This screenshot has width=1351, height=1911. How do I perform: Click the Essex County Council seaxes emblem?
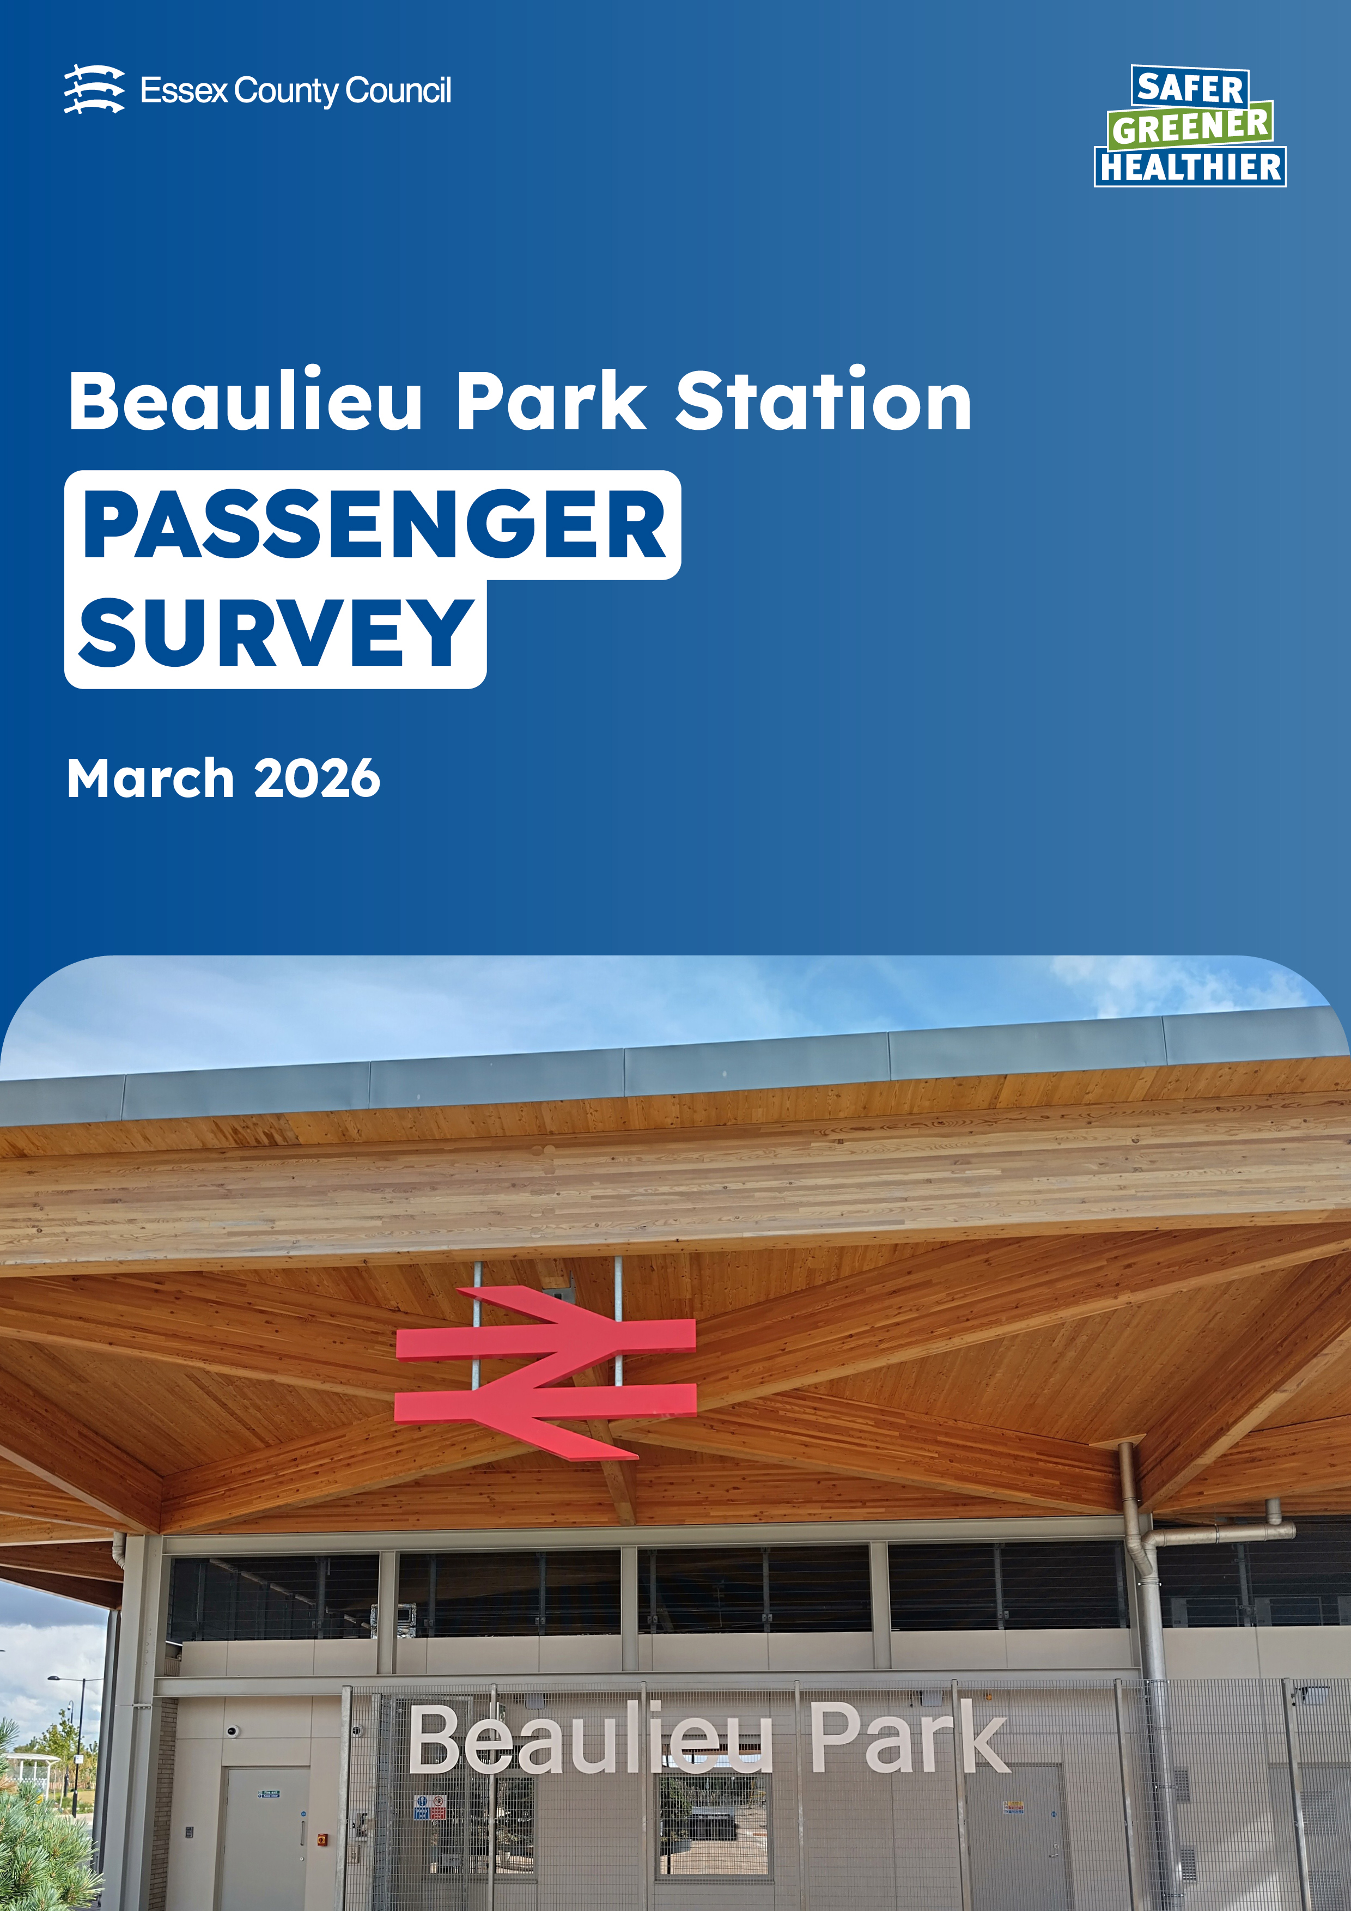click(94, 89)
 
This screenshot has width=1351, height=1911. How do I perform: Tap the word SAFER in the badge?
click(1190, 87)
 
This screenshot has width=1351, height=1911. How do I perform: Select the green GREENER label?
click(1190, 126)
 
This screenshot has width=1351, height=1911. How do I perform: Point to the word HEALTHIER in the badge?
click(1190, 167)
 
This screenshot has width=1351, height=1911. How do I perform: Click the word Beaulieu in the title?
click(246, 400)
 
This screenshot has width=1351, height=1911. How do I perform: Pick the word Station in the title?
click(823, 400)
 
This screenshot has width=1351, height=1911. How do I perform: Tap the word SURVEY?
click(276, 632)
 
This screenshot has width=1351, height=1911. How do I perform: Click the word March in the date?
click(151, 778)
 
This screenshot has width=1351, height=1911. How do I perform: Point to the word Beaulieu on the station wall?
click(591, 1737)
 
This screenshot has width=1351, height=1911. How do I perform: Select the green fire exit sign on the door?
click(269, 1794)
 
